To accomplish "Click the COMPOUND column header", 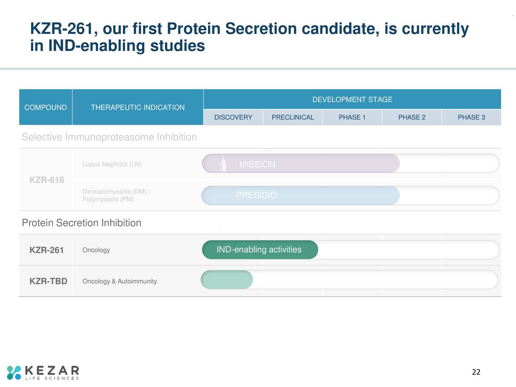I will click(46, 107).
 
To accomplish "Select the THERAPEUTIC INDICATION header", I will click(137, 107).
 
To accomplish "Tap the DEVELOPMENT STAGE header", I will click(352, 100).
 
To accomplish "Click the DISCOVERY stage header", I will click(233, 117).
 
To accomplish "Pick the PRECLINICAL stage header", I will click(293, 117).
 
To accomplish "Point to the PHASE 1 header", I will click(352, 117).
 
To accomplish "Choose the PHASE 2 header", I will click(412, 117).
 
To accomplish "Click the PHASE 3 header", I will click(471, 117).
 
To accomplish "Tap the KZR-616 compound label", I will click(47, 180).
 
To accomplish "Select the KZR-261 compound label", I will click(47, 250).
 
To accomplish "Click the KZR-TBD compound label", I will click(48, 281).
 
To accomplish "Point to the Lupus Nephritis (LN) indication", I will click(112, 164).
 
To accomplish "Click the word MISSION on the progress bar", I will click(257, 164).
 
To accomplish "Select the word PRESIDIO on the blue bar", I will click(256, 195).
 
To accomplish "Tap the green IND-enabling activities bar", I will click(259, 250).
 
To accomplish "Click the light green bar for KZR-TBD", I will click(227, 280).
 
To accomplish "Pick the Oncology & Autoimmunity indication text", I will click(119, 281).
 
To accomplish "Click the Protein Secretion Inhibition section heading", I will click(81, 223).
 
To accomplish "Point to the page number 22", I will click(476, 372).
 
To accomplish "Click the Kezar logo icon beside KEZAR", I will click(14, 372).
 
